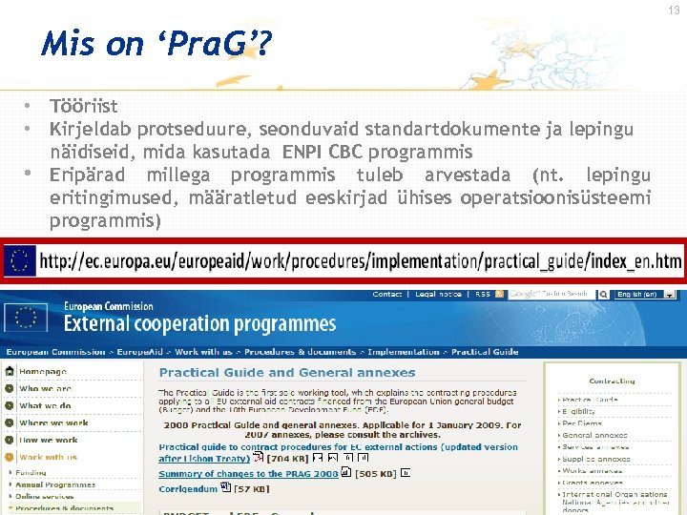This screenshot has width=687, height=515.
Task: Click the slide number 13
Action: click(674, 10)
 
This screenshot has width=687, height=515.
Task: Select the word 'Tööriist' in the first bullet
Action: click(83, 107)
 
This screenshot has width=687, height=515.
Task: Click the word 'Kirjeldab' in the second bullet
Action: click(90, 129)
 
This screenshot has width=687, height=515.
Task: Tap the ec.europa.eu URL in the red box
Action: click(361, 260)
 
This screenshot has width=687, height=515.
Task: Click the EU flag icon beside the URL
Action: click(20, 260)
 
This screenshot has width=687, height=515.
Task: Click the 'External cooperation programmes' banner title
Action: click(199, 323)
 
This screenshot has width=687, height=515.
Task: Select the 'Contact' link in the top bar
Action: click(387, 295)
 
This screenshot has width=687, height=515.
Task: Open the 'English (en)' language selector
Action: click(637, 295)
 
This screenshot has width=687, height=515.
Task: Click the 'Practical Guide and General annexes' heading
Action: click(286, 373)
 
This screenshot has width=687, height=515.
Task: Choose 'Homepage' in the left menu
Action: click(44, 372)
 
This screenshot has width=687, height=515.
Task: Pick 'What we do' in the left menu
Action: click(45, 406)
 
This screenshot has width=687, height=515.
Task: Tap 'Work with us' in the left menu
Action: click(48, 457)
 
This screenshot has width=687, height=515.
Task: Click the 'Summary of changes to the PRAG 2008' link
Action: click(248, 474)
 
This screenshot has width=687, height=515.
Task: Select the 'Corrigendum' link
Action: click(187, 489)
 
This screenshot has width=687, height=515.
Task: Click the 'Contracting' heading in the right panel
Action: click(612, 381)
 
